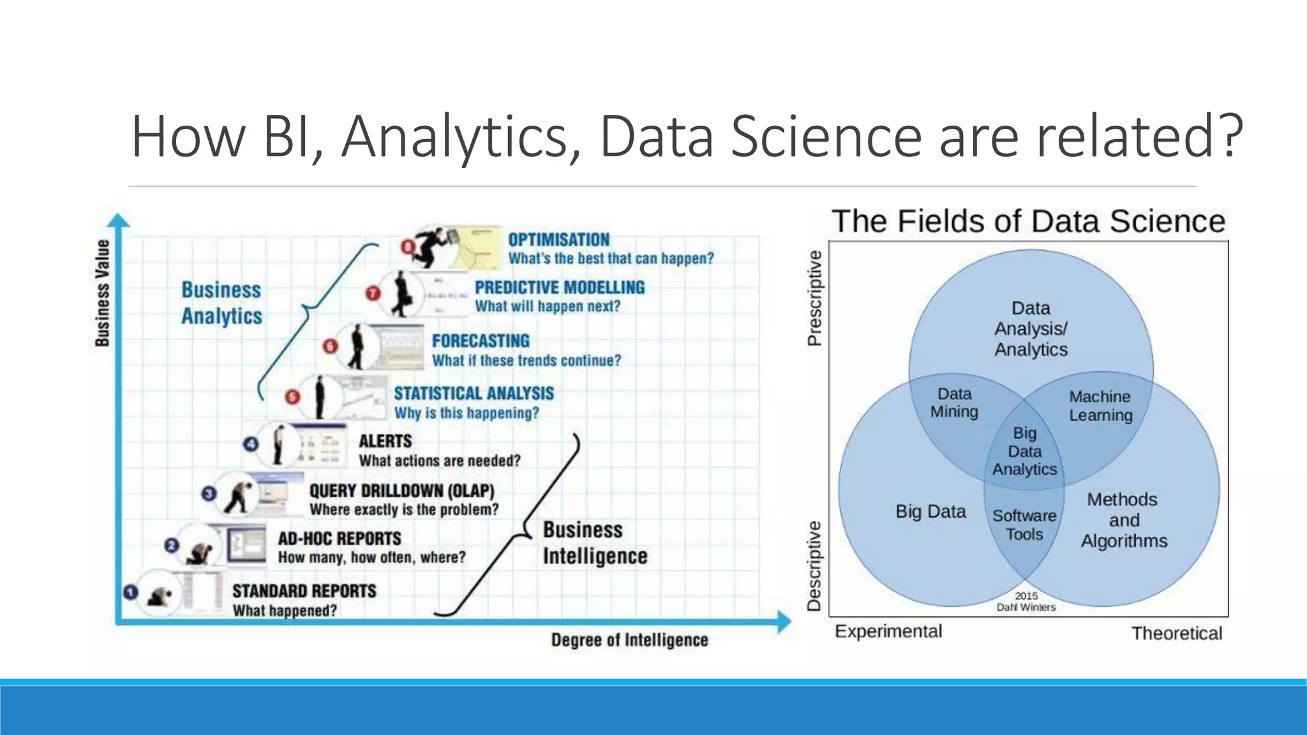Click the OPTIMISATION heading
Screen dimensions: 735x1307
tap(558, 240)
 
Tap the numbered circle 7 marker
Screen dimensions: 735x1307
tap(373, 293)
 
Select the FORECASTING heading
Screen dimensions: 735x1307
tap(481, 341)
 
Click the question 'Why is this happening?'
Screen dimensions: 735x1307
tap(467, 413)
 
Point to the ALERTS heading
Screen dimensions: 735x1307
tap(385, 442)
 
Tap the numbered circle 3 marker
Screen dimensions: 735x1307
tap(209, 493)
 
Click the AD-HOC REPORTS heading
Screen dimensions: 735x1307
tap(340, 538)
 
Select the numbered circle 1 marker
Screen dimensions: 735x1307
tap(131, 593)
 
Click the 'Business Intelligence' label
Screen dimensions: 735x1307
tap(595, 543)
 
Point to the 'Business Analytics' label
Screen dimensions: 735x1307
tap(221, 303)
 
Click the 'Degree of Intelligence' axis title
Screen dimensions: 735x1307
tap(629, 640)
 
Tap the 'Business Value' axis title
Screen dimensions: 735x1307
tap(102, 293)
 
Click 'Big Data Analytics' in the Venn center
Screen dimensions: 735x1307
tap(1024, 451)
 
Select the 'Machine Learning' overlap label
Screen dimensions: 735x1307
tap(1100, 406)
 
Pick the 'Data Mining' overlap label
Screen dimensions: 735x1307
tap(954, 403)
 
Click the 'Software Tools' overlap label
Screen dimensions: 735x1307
tap(1024, 524)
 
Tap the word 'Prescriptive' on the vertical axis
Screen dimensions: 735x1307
tap(815, 298)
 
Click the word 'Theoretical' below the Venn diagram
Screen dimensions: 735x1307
tap(1176, 633)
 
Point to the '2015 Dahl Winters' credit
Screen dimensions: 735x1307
tap(1026, 601)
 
